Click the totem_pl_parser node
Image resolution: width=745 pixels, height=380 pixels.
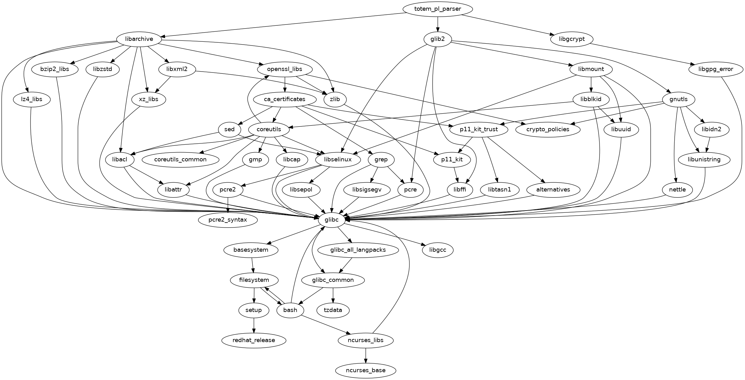click(437, 9)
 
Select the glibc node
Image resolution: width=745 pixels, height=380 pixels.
click(332, 220)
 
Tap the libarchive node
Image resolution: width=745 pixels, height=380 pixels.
click(139, 39)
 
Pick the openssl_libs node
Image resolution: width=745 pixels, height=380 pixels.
click(285, 69)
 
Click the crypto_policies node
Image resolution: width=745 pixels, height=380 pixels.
click(548, 130)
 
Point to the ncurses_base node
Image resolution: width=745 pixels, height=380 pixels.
click(365, 371)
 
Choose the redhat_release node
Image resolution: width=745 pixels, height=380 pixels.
click(254, 340)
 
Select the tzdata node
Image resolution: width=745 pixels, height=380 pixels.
click(333, 310)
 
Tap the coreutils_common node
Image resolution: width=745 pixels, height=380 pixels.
click(180, 159)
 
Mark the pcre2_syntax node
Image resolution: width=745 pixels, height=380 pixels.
click(228, 220)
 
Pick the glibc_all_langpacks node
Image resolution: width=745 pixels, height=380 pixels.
click(358, 250)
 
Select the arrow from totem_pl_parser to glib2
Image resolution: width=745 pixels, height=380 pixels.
click(437, 24)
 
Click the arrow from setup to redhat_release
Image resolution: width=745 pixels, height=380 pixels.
click(254, 325)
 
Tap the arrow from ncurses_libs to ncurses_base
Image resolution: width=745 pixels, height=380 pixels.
click(365, 356)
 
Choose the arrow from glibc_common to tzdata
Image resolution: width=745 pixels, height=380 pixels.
click(333, 295)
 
